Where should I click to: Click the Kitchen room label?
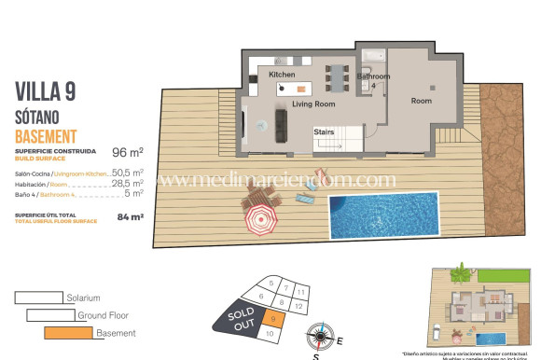282,74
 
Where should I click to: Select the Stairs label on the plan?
325,132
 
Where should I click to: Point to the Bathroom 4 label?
373,80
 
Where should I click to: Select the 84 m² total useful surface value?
130,217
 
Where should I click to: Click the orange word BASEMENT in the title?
52,136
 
